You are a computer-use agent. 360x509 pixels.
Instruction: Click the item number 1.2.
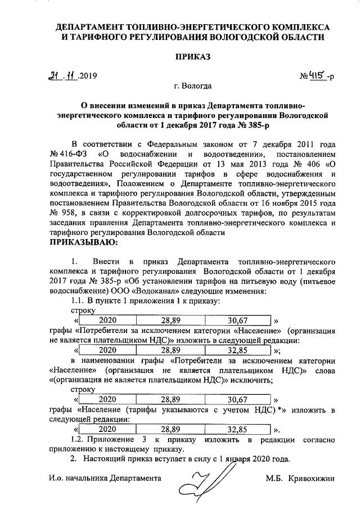click(79, 439)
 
